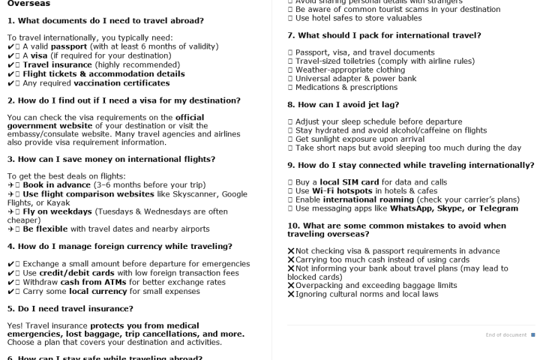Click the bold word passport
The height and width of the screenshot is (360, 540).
click(x=69, y=46)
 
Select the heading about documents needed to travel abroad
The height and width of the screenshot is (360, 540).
click(x=105, y=21)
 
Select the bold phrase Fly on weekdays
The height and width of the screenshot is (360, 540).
click(x=57, y=211)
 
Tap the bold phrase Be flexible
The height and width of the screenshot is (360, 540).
click(x=46, y=229)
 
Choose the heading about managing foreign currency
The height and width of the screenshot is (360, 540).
click(x=120, y=246)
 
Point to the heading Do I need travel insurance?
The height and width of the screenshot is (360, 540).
click(x=70, y=308)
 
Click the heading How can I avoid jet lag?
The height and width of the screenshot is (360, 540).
click(x=343, y=105)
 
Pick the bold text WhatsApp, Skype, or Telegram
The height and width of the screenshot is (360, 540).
click(x=454, y=208)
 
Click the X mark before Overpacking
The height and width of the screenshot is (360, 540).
click(x=291, y=286)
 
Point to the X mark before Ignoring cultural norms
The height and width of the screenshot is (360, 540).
click(x=291, y=295)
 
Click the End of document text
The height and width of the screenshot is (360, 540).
click(x=505, y=334)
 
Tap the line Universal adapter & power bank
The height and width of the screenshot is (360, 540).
click(x=355, y=78)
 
